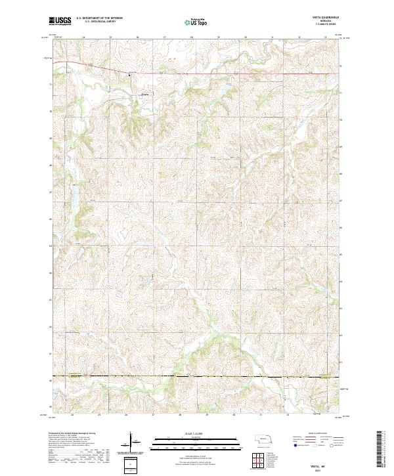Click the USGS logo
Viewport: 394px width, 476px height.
(x=60, y=21)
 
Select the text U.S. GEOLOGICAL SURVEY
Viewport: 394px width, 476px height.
(x=96, y=22)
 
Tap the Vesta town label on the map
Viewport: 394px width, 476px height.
(x=145, y=93)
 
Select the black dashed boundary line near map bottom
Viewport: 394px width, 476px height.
(x=197, y=376)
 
